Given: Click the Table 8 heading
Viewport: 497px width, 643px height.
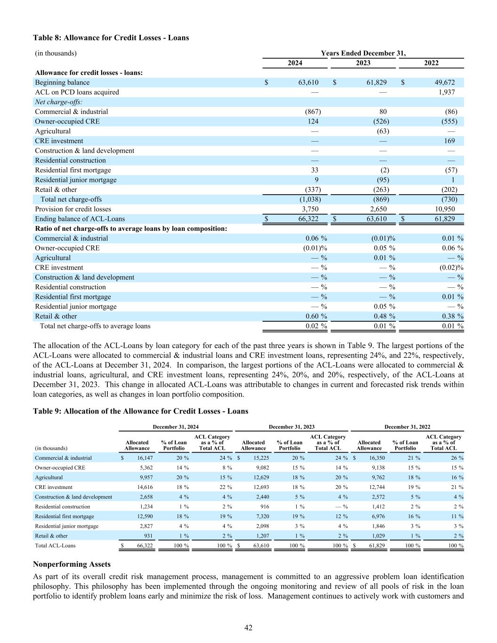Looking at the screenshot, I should pyautogui.click(x=111, y=38).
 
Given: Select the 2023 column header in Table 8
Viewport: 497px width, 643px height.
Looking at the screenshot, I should pyautogui.click(x=363, y=63).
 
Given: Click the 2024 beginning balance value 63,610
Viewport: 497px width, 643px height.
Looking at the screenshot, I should pyautogui.click(x=308, y=82).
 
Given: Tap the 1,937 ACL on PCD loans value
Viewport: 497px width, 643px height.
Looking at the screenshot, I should pyautogui.click(x=446, y=92).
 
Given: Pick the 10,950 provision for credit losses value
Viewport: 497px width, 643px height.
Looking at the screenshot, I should pyautogui.click(x=444, y=209).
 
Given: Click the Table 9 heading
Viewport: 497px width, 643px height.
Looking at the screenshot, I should pyautogui.click(x=140, y=411).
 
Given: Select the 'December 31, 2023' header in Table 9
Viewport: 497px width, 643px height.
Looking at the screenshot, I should pyautogui.click(x=291, y=427).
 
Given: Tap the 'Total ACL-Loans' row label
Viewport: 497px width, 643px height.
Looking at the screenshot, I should pyautogui.click(x=55, y=546).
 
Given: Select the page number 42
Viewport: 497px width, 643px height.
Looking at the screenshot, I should pyautogui.click(x=248, y=627).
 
